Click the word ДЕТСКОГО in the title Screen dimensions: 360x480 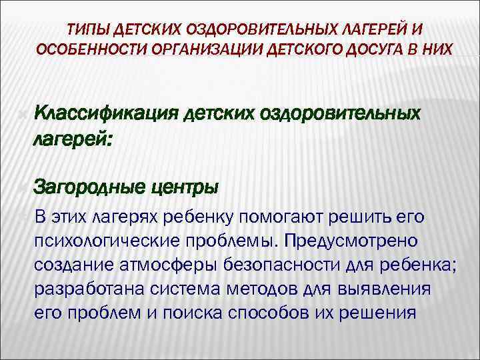[291, 51]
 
